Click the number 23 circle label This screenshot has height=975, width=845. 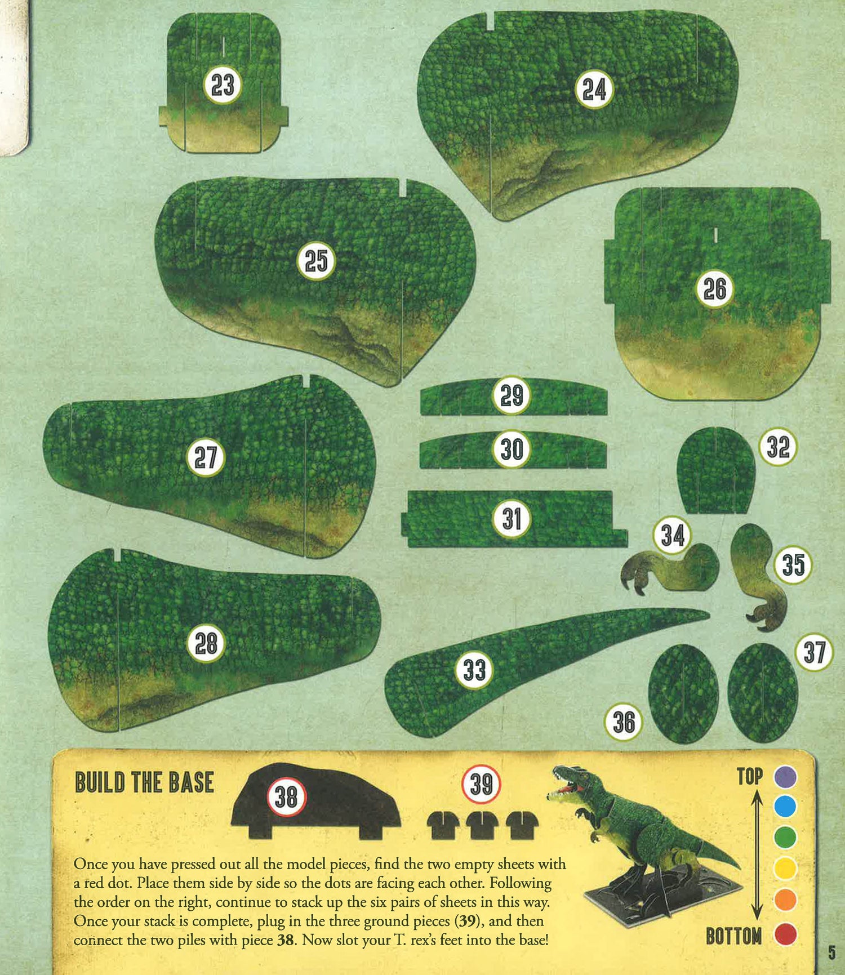[x=223, y=86]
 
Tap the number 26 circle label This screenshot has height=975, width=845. [x=714, y=289]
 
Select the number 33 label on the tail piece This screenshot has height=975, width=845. [x=474, y=670]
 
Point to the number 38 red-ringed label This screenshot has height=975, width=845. [x=286, y=797]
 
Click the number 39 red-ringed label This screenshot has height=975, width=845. [x=481, y=784]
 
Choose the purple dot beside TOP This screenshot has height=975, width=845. [x=785, y=777]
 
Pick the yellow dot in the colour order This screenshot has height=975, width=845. [x=785, y=868]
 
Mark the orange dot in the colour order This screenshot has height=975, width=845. [x=785, y=900]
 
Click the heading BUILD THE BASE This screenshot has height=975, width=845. [x=144, y=783]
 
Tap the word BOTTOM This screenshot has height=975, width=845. [x=733, y=937]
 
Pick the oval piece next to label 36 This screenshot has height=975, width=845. [x=683, y=693]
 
